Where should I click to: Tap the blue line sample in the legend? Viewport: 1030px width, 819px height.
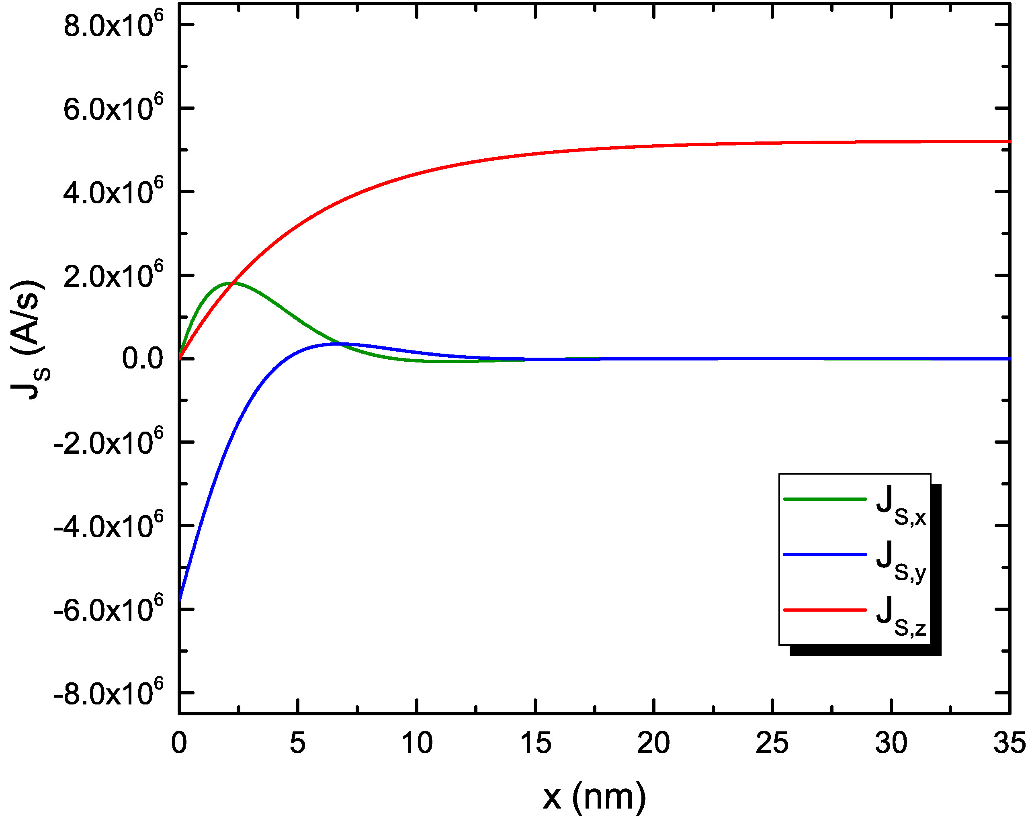pos(825,555)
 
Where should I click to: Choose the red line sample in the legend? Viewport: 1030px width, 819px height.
pos(825,610)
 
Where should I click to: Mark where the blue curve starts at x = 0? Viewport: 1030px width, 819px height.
pos(180,600)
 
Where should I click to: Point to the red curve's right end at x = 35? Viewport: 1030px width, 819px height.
pos(1009,141)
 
